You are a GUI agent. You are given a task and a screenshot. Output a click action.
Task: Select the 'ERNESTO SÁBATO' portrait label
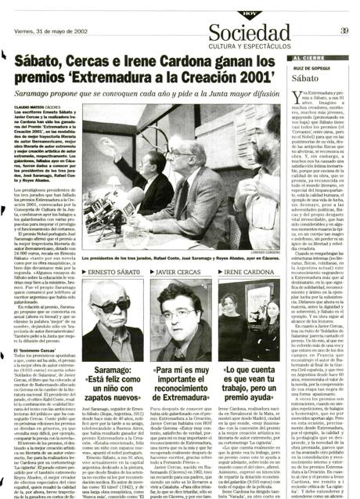click(x=115, y=273)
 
